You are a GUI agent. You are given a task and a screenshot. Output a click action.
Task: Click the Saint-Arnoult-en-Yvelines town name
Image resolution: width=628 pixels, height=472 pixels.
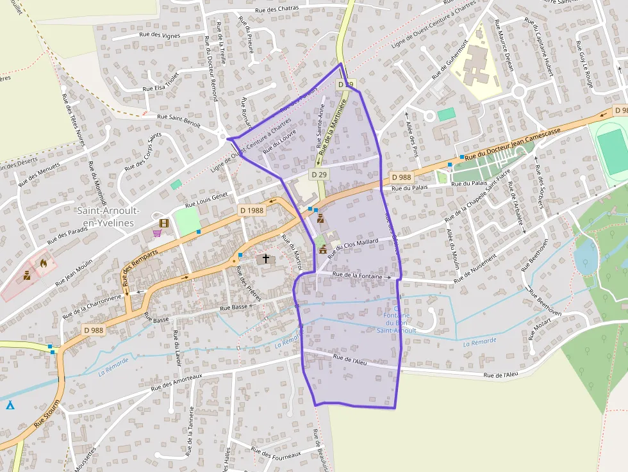click(106, 216)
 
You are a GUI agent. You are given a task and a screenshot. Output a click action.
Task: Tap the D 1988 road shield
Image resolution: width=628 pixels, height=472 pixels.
click(252, 210)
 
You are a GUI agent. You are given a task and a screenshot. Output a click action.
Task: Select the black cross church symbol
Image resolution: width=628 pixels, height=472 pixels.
click(266, 259)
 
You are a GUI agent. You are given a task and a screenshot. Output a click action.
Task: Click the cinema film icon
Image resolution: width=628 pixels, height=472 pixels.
click(165, 223)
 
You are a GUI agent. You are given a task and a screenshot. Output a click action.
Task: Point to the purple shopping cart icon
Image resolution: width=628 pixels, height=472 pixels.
click(156, 233)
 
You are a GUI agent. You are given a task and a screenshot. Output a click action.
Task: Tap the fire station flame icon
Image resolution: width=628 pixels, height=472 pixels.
click(43, 262)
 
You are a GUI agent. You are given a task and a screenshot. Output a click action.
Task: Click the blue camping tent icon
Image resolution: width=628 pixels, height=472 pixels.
click(10, 405)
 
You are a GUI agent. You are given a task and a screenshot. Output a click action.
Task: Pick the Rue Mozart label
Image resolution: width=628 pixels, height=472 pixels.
click(540, 330)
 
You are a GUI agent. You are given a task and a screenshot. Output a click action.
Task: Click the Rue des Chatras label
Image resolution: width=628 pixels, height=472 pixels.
click(277, 9)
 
